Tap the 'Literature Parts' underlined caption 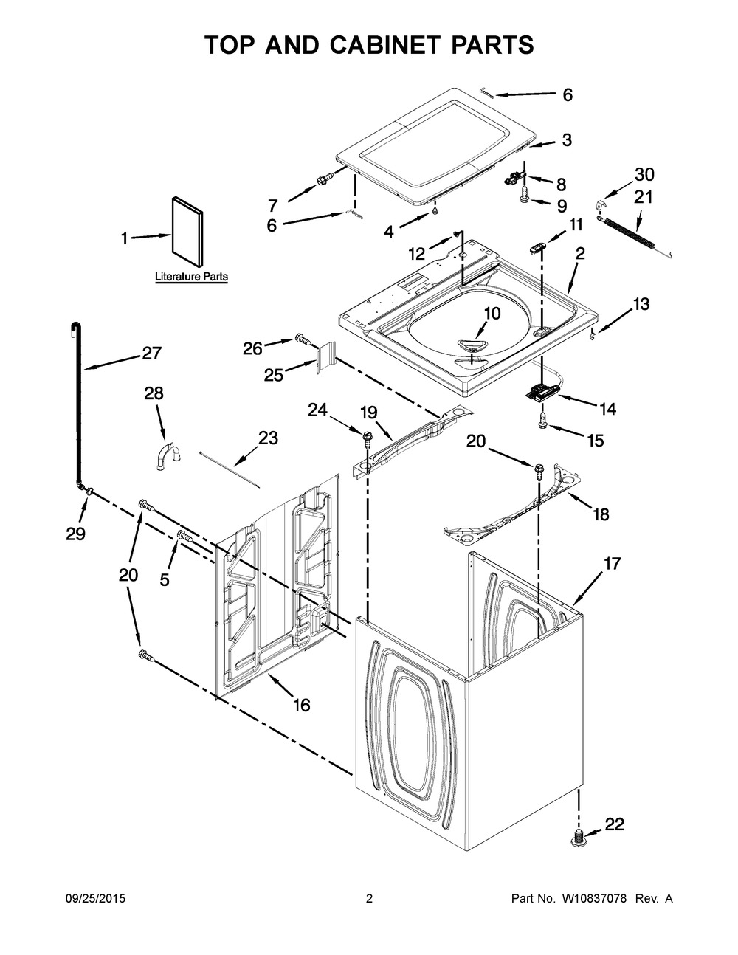(191, 277)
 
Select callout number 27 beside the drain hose (151, 354)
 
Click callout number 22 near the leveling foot (614, 825)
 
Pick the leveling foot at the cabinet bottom (578, 838)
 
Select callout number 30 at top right (644, 175)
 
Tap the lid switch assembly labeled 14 (545, 391)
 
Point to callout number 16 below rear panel (301, 705)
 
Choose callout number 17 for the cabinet (612, 564)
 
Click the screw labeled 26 (301, 339)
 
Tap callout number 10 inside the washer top (491, 314)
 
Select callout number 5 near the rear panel (164, 579)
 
